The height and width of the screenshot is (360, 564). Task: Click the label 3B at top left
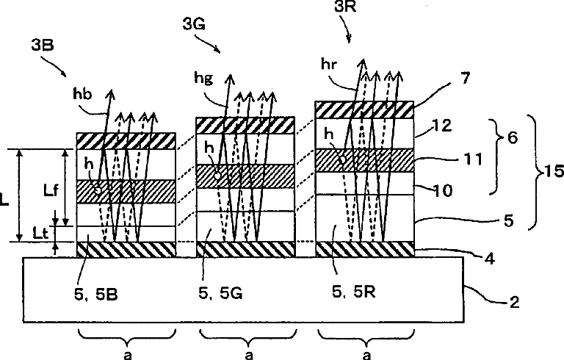pyautogui.click(x=41, y=44)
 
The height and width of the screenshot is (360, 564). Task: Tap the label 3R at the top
pyautogui.click(x=341, y=8)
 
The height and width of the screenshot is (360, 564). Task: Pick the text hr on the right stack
pyautogui.click(x=330, y=64)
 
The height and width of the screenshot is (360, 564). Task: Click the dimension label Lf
pyautogui.click(x=49, y=190)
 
